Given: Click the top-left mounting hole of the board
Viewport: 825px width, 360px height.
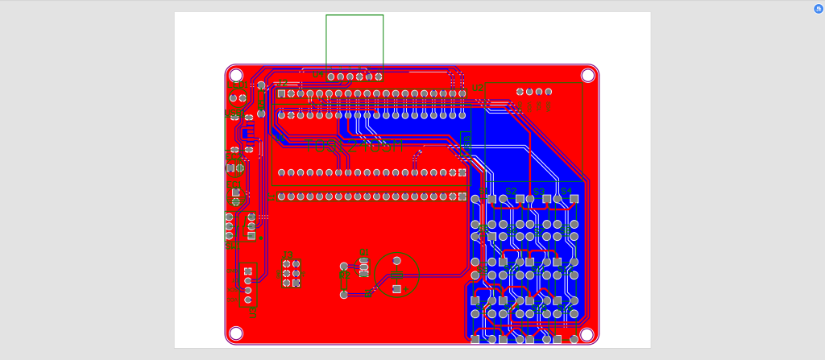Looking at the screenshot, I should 237,75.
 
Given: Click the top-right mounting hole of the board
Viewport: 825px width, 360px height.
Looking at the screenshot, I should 587,75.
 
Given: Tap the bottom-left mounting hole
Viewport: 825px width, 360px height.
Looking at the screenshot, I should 236,333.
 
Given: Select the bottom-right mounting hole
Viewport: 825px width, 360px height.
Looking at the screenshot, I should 587,333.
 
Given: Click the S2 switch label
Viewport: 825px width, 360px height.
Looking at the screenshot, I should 511,191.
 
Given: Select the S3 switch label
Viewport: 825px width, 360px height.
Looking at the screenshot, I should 539,191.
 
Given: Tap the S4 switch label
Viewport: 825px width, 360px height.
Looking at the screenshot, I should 566,191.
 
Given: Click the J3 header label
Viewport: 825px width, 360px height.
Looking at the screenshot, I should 288,254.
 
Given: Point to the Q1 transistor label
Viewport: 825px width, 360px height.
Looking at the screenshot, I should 364,253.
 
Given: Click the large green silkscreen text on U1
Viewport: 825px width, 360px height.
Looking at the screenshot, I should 354,147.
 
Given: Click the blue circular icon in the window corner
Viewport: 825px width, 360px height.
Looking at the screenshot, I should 819,9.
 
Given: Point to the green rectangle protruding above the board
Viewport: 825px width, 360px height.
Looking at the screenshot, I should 354,39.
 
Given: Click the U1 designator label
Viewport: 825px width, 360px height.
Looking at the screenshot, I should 278,138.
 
